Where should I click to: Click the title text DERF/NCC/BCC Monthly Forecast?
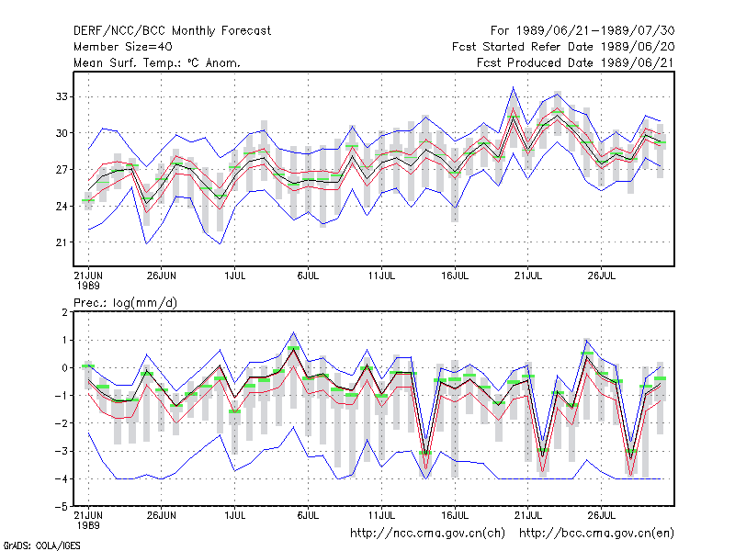tap(172, 31)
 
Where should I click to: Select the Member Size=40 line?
tap(123, 47)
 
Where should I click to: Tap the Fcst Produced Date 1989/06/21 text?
tap(575, 62)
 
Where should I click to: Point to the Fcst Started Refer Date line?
tap(563, 47)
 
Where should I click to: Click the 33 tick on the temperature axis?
tap(62, 96)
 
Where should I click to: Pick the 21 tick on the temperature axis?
tap(62, 242)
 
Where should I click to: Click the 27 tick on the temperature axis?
tap(62, 170)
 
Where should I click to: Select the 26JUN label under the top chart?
tap(162, 276)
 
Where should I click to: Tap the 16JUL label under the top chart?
tap(455, 276)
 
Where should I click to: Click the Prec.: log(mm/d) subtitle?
tap(125, 303)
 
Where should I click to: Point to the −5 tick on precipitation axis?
tap(62, 507)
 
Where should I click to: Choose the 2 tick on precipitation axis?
tap(64, 312)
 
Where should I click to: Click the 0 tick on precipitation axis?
tap(64, 368)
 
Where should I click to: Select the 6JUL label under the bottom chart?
tap(308, 515)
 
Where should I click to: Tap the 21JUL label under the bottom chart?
tap(527, 515)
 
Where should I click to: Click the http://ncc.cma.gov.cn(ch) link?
tap(427, 534)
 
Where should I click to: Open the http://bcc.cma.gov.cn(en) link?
tap(596, 534)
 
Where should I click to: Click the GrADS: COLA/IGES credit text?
tap(42, 545)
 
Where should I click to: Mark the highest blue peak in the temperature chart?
tap(514, 87)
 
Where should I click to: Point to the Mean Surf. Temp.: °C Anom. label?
tap(156, 62)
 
